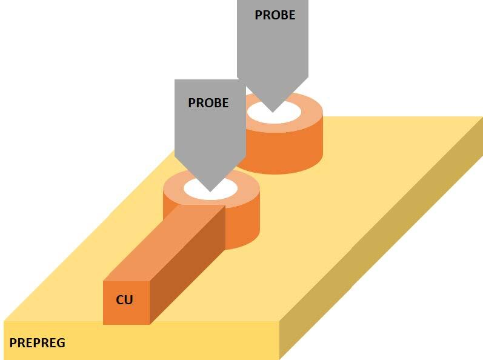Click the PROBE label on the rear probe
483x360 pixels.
275,15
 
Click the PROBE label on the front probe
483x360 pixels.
208,103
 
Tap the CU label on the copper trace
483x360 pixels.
124,300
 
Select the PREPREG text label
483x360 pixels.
38,343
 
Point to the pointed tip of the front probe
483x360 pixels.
210,191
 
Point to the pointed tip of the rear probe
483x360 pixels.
273,112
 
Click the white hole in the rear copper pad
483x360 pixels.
291,112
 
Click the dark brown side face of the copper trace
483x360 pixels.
188,267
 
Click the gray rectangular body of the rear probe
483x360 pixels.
273,48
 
